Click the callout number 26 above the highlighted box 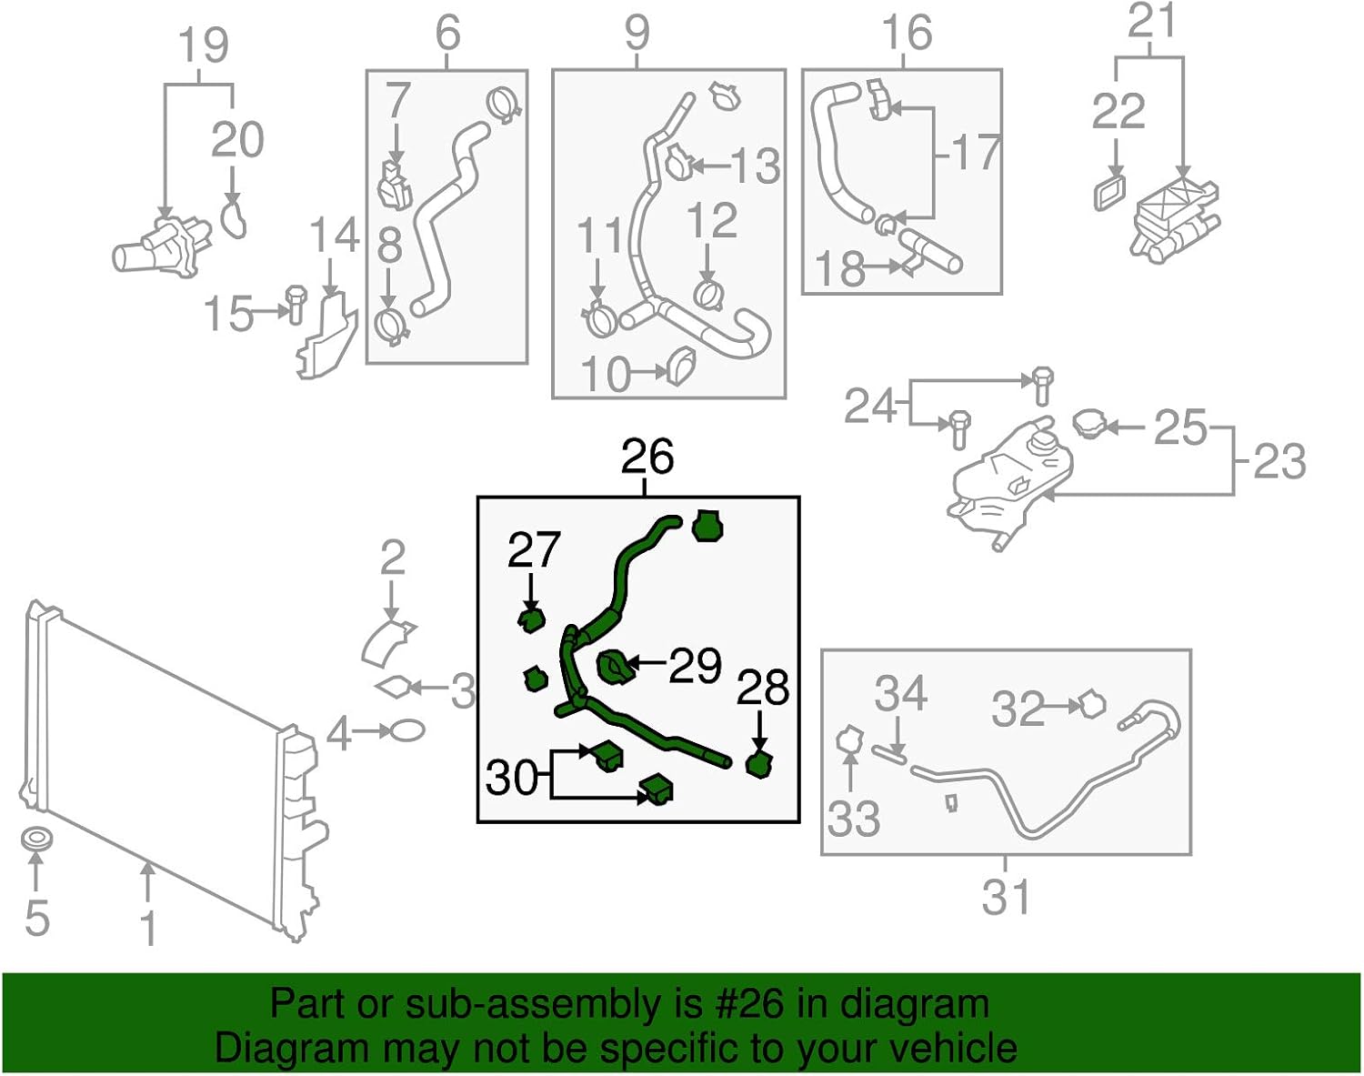[647, 458]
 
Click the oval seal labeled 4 [406, 730]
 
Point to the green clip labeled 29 [615, 669]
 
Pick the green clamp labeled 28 [757, 765]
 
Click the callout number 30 [511, 777]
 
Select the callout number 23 [1279, 461]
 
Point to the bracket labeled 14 [325, 337]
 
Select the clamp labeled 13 [677, 164]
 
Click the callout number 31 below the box [1006, 898]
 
